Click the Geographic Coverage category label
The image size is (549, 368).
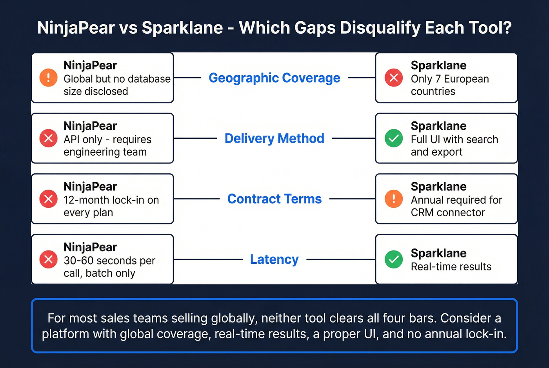(274, 78)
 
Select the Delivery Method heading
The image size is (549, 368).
(274, 138)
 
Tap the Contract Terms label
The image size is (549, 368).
(274, 199)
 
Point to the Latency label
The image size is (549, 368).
(274, 259)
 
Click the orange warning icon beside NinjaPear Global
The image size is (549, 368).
(49, 78)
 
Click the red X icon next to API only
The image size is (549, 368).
(49, 138)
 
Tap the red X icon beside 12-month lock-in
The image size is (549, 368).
(49, 199)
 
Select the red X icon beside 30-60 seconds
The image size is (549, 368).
(49, 259)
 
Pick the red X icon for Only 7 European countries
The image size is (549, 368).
(394, 78)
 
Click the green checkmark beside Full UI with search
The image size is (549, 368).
(394, 138)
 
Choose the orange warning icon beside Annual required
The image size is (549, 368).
(394, 199)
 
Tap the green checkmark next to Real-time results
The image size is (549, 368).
(394, 259)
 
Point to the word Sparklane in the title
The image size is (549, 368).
(182, 28)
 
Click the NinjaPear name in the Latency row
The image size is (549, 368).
(90, 247)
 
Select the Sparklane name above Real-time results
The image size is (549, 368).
(438, 253)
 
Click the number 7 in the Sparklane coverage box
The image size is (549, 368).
(438, 79)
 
